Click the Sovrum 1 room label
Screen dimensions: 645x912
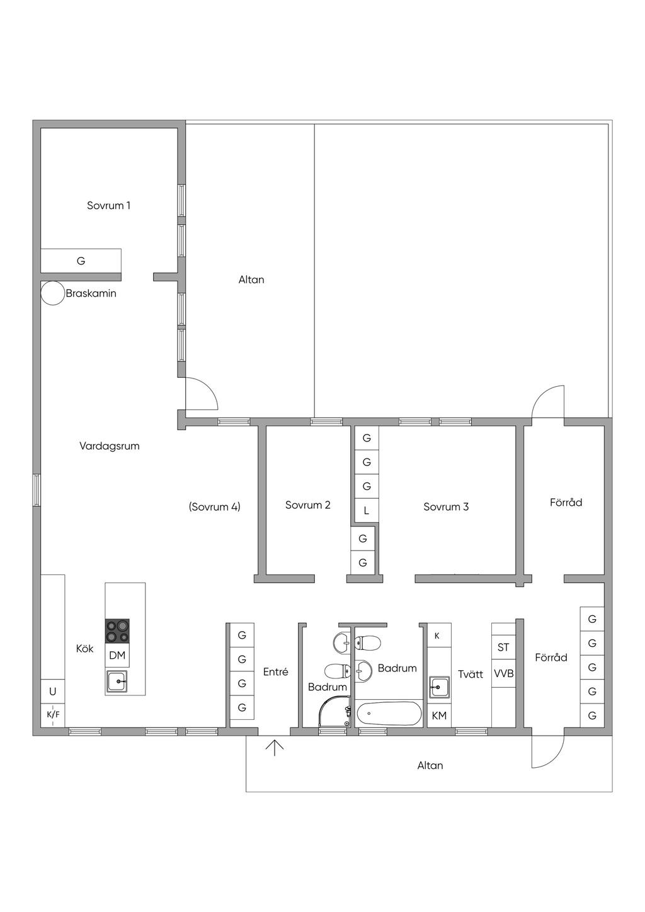coord(109,205)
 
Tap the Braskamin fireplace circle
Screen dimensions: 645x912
coord(53,293)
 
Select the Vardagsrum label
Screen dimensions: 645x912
coord(110,446)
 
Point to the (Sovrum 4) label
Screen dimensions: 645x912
coord(215,506)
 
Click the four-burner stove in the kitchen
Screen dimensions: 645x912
coord(117,631)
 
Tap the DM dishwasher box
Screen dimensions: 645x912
coord(117,656)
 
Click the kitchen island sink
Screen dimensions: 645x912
coord(117,681)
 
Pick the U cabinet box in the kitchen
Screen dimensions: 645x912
coord(53,692)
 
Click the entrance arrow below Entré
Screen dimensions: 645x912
coord(275,748)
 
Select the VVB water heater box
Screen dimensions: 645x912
coord(504,674)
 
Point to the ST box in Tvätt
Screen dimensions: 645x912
coord(504,647)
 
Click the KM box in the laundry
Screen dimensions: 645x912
coord(439,715)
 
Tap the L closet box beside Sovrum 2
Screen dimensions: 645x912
coord(367,510)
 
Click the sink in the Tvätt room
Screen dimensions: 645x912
coord(439,688)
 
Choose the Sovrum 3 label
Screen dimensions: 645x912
coord(446,507)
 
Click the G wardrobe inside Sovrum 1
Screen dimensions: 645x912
coord(81,261)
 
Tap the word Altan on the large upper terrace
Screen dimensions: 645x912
coord(251,280)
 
